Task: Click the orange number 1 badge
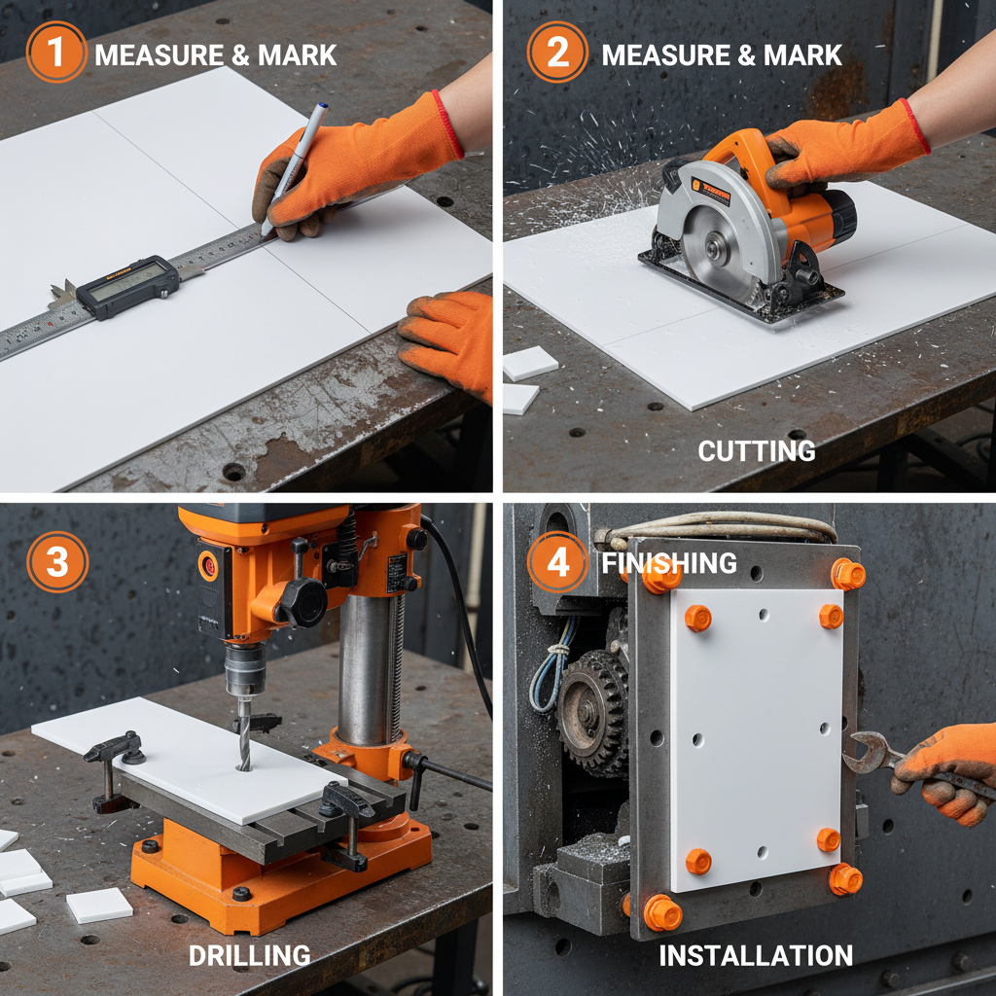pos(55,52)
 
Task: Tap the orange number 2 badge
pos(557,52)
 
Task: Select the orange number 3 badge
pos(57,562)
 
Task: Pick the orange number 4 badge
pos(557,562)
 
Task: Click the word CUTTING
pos(756,450)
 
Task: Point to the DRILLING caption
pos(250,955)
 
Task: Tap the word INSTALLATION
pos(756,955)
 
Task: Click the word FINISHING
pos(669,562)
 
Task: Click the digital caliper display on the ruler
pos(126,285)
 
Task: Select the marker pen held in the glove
pos(295,165)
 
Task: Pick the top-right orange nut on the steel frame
pos(847,574)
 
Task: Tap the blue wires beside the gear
pos(546,671)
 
